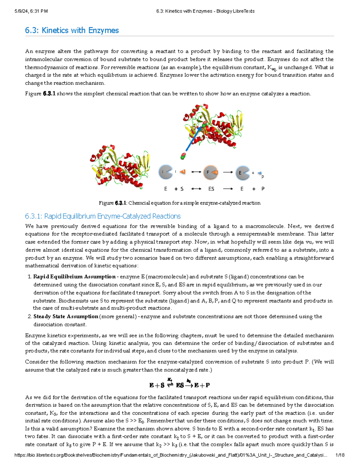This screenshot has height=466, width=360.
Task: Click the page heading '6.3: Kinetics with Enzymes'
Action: point(72,30)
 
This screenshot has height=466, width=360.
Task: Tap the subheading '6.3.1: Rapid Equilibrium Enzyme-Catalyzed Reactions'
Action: point(103,216)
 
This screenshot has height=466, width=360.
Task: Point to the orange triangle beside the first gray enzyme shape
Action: point(182,172)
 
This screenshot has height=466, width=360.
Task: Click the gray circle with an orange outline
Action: point(210,172)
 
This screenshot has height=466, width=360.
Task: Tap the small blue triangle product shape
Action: point(260,173)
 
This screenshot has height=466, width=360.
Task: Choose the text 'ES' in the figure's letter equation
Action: point(211,189)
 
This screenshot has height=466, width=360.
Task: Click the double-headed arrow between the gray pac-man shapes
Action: point(196,172)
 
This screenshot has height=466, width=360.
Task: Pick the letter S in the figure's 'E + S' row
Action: point(182,189)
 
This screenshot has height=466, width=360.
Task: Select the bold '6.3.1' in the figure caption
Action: point(121,203)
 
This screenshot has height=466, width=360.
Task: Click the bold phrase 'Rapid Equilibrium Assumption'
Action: point(74,277)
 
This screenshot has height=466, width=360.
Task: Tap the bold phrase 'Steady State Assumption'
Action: point(66,317)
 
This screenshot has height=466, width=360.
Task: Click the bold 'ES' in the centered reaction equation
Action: point(180,385)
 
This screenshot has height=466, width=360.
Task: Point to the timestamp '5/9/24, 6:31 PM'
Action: point(31,11)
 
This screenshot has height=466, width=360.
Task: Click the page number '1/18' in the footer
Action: point(340,455)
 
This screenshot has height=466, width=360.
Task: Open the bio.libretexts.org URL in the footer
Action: point(171,455)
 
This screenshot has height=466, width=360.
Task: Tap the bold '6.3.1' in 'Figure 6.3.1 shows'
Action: point(49,94)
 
